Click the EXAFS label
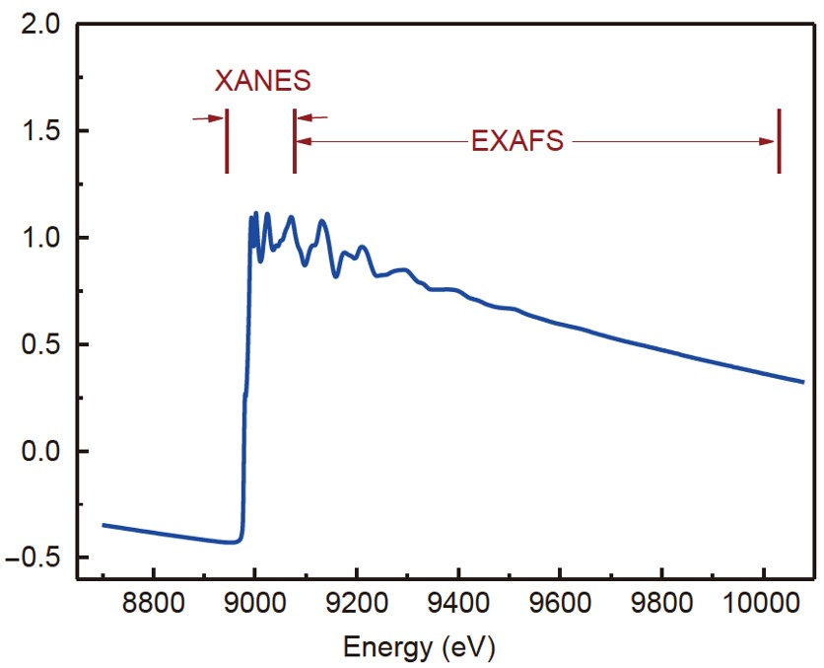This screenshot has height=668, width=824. click(x=517, y=141)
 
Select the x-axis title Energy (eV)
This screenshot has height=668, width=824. click(x=419, y=648)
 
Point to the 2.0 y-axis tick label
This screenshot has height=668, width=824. click(x=43, y=25)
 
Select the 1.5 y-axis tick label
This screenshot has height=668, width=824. click(x=43, y=131)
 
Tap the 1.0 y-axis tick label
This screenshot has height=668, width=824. click(x=43, y=238)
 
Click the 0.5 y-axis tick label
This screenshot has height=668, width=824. click(x=43, y=345)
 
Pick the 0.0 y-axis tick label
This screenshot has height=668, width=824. click(x=43, y=452)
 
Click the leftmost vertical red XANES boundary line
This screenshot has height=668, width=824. click(x=227, y=140)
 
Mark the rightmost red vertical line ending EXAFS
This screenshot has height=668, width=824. click(x=779, y=140)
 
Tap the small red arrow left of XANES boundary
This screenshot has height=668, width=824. click(x=207, y=118)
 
